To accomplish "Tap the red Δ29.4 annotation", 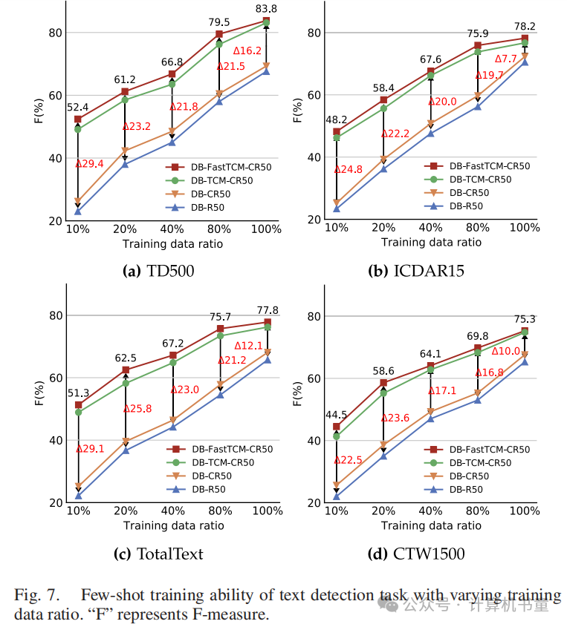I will [x=89, y=163].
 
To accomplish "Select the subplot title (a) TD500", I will [x=158, y=271].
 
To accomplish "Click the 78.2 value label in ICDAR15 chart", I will [x=525, y=27].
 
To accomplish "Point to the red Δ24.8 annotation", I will [x=348, y=169].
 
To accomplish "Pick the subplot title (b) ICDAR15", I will [x=416, y=271].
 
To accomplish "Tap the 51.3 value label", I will [x=78, y=393].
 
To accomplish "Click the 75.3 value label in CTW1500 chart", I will [x=525, y=319].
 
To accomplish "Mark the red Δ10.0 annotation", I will [x=506, y=350].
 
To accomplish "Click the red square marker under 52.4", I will [x=78, y=119].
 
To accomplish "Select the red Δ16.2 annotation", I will [x=247, y=50].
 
